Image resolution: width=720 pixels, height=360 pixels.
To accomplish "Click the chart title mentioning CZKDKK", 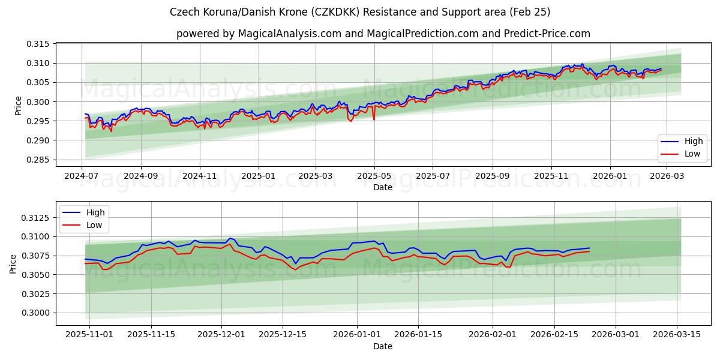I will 360,12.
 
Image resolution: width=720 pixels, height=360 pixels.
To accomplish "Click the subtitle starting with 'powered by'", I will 383,34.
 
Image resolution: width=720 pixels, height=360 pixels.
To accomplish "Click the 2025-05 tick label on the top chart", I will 374,176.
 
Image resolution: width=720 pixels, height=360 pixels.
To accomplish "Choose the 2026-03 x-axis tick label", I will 668,176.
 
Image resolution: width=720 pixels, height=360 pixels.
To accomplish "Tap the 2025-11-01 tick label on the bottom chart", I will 89,335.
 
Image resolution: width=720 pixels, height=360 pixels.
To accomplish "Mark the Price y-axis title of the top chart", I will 18,106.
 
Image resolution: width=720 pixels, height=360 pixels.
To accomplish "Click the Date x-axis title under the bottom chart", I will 382,346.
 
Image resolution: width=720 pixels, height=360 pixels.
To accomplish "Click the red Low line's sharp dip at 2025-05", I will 374,119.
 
